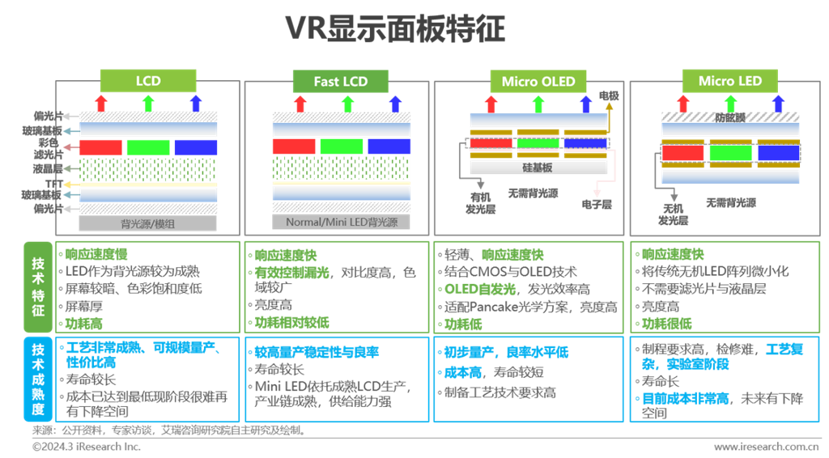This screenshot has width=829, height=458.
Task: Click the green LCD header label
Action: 148,81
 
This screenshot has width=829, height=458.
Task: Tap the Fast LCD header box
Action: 340,81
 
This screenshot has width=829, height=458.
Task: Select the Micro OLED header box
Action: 538,81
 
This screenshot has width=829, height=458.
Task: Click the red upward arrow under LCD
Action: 101,103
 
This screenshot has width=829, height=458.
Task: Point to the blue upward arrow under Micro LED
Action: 778,103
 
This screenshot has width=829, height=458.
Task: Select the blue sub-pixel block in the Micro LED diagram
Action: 778,152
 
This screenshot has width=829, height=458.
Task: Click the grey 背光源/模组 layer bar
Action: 148,223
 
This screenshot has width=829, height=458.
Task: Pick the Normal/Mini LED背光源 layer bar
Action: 338,223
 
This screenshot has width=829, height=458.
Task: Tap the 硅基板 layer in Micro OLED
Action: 538,168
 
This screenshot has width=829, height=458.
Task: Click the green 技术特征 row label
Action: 38,286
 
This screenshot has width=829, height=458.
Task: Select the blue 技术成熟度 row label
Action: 38,380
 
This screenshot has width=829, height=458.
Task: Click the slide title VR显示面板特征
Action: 395,29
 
